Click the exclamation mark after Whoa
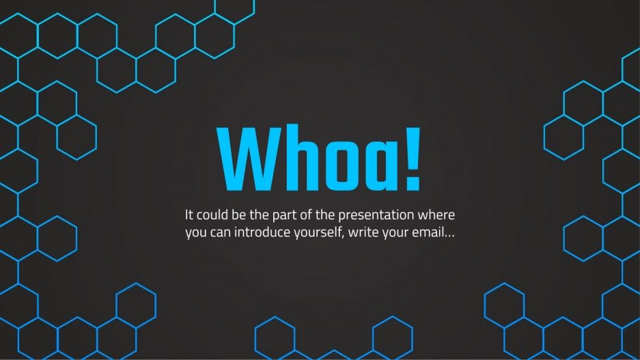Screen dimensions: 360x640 click(x=413, y=159)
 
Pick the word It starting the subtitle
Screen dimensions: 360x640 click(x=189, y=214)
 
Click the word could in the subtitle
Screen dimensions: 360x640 click(x=213, y=214)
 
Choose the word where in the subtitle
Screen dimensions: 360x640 click(x=438, y=214)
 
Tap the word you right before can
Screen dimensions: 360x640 click(x=196, y=233)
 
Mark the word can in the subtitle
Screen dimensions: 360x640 click(x=222, y=233)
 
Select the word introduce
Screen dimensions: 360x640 click(x=264, y=232)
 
